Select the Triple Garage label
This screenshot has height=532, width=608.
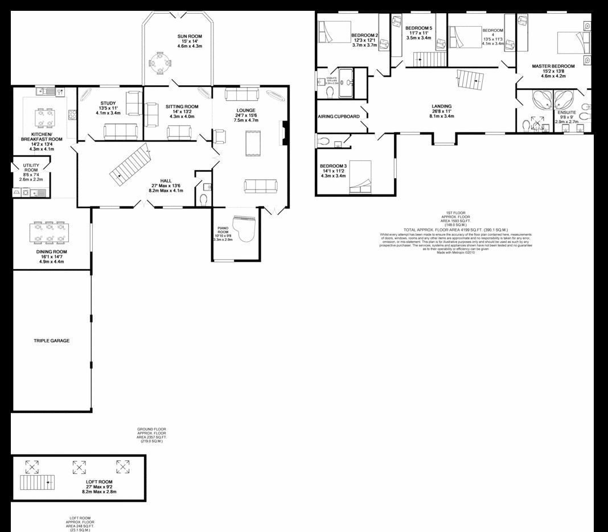point(51,340)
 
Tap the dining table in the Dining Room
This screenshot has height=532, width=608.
point(48,232)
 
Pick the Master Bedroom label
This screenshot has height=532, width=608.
point(553,66)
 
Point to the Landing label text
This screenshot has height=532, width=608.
point(441,106)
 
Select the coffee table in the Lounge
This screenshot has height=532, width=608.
point(250,143)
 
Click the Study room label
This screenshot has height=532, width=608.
point(108,103)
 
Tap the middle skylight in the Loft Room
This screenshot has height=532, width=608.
point(79,467)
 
